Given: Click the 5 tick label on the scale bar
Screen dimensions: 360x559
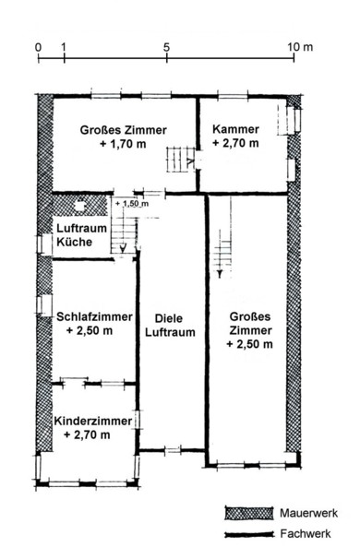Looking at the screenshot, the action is coord(166,47).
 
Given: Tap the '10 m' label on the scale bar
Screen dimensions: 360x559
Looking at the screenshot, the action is coord(302,47).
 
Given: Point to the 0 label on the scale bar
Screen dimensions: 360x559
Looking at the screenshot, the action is coord(38,47).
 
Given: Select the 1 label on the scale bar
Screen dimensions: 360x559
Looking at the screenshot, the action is coord(64,47).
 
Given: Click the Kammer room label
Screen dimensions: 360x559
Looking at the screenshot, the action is coord(235,129).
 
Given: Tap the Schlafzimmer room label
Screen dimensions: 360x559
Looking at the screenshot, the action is coord(94,316).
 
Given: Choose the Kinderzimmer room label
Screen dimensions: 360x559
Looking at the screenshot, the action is coord(93,421).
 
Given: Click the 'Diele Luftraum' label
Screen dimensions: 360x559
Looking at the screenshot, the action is coord(170,325).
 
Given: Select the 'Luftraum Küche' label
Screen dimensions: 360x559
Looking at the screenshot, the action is coord(82,235).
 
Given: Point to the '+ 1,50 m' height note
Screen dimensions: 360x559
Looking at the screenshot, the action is coord(132,204).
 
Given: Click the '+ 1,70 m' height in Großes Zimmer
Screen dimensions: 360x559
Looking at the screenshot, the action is coord(123,144).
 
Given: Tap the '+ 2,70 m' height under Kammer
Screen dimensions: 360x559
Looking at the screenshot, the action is coord(235,143).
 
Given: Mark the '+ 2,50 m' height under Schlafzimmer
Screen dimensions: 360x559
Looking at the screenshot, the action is coord(90,330).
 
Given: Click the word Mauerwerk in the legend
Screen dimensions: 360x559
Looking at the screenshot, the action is coord(308,513).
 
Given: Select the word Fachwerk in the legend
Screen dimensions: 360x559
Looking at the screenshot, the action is coord(306,533).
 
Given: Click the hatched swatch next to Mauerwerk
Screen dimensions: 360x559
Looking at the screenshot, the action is coord(249,513).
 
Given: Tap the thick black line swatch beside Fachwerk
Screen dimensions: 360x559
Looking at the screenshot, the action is coord(249,534).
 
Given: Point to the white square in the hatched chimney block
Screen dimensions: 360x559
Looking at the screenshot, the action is coord(80,206).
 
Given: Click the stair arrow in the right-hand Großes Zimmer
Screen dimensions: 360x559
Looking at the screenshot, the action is coord(220,273).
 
